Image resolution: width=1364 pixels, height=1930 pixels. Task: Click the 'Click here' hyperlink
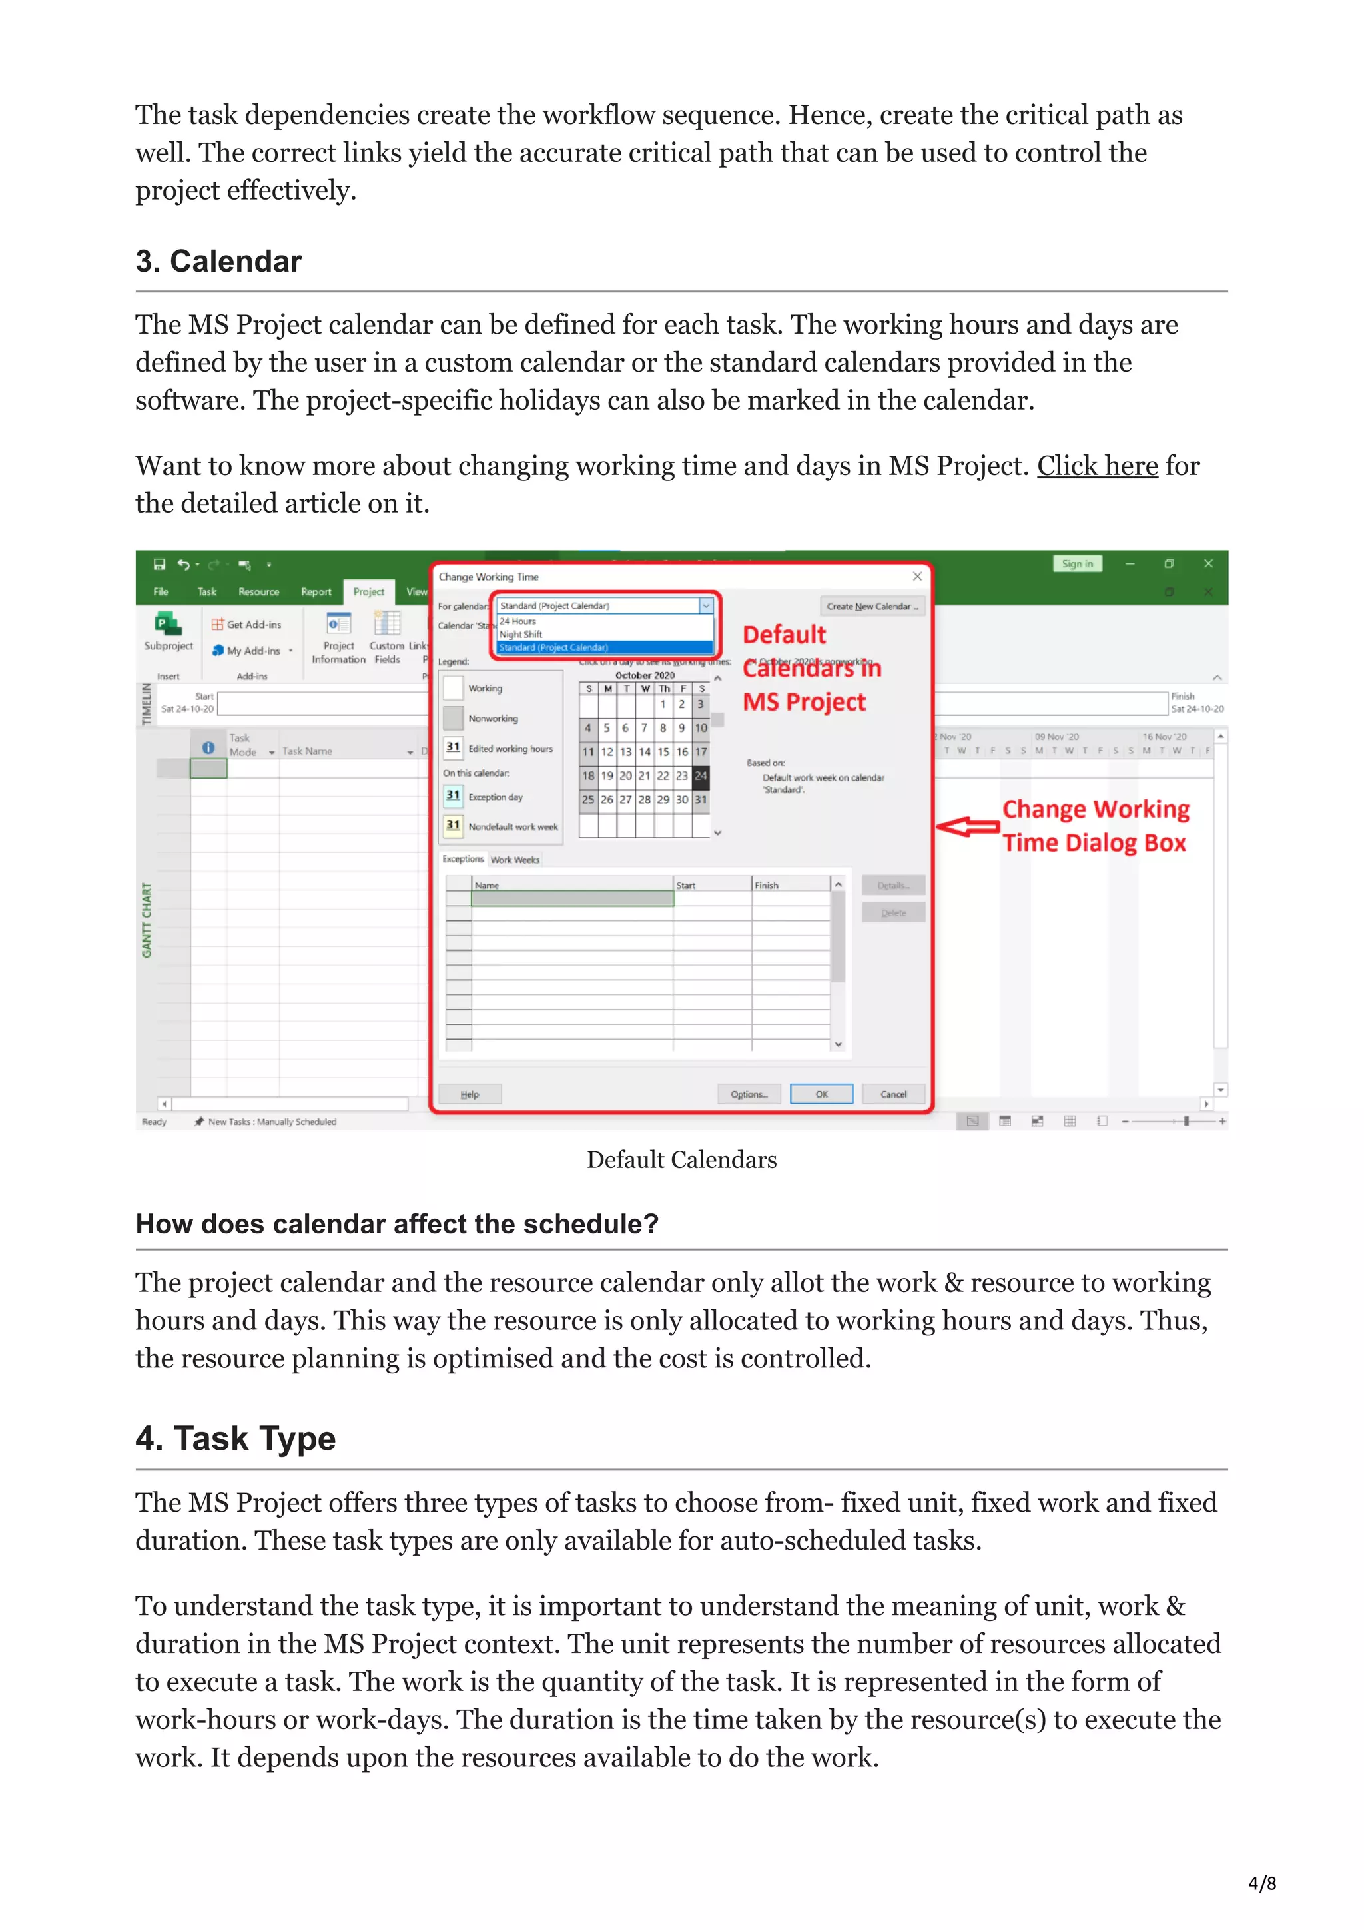tap(1097, 466)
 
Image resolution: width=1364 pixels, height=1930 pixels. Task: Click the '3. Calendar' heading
tap(218, 262)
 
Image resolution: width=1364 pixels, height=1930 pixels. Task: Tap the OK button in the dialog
tap(821, 1094)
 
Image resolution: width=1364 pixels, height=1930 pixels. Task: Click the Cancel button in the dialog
tap(892, 1094)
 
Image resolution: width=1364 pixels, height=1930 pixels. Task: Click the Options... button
tap(749, 1094)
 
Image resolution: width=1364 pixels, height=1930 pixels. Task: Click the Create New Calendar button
tap(872, 606)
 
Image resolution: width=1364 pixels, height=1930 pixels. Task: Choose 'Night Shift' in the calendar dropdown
tap(521, 635)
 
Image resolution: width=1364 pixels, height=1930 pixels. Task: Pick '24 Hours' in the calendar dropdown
tap(517, 621)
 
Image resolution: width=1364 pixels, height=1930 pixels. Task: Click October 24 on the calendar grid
tap(701, 775)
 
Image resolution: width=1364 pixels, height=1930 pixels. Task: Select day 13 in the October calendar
tap(625, 751)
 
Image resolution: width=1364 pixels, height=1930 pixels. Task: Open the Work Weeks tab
tap(515, 860)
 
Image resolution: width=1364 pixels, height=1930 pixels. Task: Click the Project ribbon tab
tap(368, 592)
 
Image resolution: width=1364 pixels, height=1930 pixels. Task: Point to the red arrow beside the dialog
tap(966, 826)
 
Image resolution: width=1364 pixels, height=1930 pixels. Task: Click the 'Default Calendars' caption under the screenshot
tap(681, 1160)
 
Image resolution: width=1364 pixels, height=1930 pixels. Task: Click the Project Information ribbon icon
tap(339, 638)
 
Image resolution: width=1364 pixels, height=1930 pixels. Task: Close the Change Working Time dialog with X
tap(917, 577)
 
